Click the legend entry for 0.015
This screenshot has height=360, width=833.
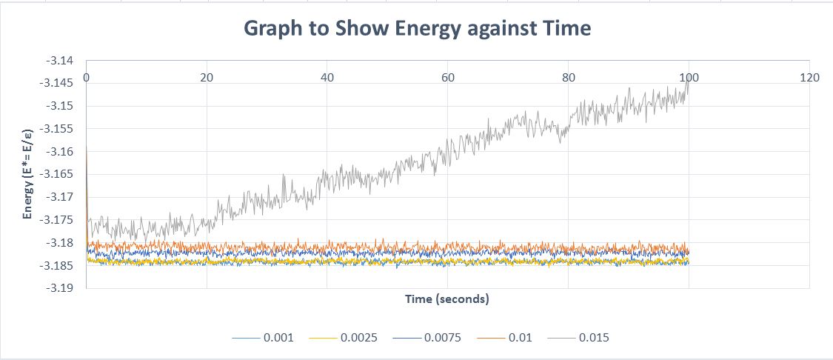(583, 338)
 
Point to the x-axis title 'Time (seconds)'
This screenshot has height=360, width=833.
(446, 299)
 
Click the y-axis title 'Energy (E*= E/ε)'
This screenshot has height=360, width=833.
(27, 175)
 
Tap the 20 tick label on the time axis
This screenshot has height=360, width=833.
(207, 77)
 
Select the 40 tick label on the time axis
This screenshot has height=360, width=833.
(327, 77)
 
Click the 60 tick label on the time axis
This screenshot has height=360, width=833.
(448, 77)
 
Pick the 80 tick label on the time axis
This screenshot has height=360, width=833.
(569, 77)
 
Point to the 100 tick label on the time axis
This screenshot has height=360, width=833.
(689, 77)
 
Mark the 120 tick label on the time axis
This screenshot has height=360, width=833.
(810, 77)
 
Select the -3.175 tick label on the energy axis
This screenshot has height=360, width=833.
(59, 220)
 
